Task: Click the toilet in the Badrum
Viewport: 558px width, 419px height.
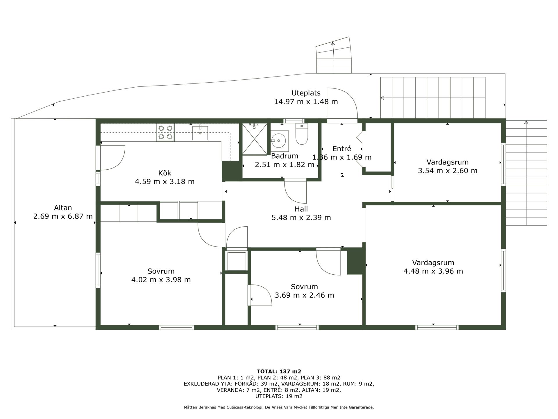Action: pos(302,134)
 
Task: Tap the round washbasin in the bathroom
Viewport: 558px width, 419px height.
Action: pos(278,141)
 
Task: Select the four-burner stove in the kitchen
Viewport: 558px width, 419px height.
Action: pos(165,132)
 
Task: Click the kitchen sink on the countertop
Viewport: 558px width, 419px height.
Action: pos(200,132)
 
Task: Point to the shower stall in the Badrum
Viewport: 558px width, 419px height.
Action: pos(255,139)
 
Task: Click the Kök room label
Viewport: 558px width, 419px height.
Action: pos(165,173)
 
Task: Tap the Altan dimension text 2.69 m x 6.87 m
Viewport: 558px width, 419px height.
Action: pos(63,216)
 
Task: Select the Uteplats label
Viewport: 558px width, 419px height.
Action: pos(306,93)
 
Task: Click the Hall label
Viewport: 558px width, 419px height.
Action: pos(301,209)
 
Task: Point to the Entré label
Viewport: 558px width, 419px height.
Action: pos(342,149)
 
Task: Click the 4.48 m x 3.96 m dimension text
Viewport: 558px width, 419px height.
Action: pos(433,271)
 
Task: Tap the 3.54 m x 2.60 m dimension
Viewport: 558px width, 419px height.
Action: pos(448,171)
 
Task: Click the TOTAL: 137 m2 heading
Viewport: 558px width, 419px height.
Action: pos(279,371)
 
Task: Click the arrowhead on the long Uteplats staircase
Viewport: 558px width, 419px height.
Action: pos(382,98)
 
